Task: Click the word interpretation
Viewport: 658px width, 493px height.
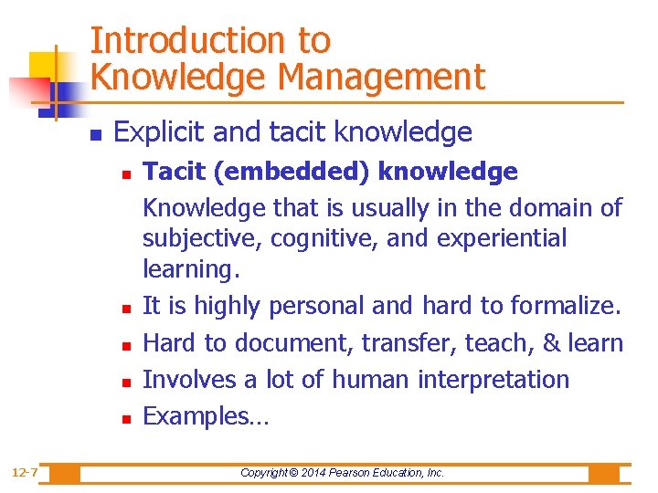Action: pyautogui.click(x=493, y=379)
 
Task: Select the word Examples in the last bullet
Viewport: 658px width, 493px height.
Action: pyautogui.click(x=193, y=416)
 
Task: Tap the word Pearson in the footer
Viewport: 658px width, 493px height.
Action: pyautogui.click(x=358, y=473)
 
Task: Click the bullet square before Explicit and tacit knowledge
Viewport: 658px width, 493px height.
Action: pyautogui.click(x=95, y=134)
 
